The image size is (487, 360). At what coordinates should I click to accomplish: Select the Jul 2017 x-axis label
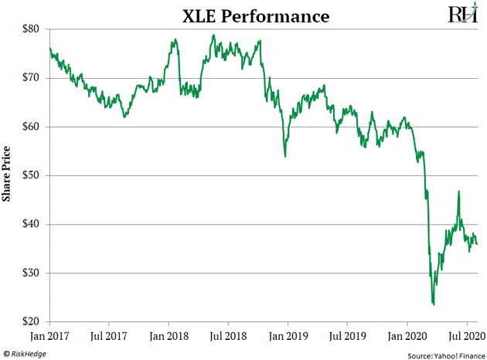(x=110, y=337)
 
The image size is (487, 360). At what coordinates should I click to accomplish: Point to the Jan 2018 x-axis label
(x=169, y=337)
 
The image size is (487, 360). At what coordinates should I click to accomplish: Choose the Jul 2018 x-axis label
(x=228, y=337)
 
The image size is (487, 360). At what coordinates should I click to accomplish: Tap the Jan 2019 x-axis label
(x=288, y=337)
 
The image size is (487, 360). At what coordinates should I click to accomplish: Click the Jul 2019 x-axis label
(x=347, y=337)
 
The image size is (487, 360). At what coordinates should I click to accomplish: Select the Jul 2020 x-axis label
(x=465, y=337)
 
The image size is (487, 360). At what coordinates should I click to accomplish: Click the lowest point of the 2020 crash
(x=434, y=304)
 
